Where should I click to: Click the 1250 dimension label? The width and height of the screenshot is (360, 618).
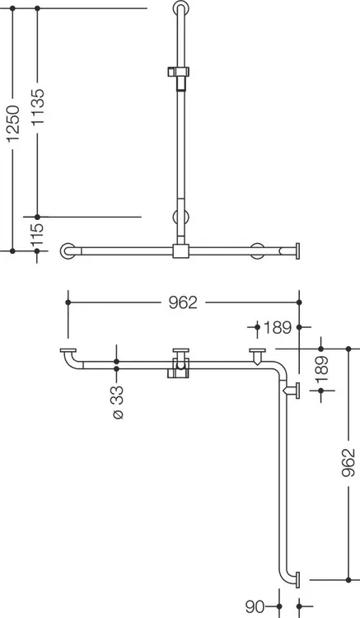coord(13,124)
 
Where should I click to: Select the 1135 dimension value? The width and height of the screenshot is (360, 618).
coord(38,107)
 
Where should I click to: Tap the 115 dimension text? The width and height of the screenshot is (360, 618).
coord(37,236)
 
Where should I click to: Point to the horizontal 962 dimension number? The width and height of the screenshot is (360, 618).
coord(183,302)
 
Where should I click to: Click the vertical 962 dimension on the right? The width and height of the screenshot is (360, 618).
coord(348,462)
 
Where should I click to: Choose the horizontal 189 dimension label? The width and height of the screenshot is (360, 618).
coord(278,327)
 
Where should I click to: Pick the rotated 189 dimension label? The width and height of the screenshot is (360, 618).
coord(321,368)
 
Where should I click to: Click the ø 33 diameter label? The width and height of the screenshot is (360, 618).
coord(117,402)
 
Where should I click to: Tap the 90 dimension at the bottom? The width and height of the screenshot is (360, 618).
coord(255,606)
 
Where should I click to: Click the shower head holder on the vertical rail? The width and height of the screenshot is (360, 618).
coord(178,73)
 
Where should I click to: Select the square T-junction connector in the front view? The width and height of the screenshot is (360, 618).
coord(180,251)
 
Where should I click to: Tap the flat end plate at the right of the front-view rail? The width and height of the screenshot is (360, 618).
coord(297,251)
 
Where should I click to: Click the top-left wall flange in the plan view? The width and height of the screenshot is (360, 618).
coord(68,350)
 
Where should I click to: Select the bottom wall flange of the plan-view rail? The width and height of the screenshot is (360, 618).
coord(297,580)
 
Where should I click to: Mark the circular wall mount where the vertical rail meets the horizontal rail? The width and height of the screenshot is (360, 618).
coord(181,218)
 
